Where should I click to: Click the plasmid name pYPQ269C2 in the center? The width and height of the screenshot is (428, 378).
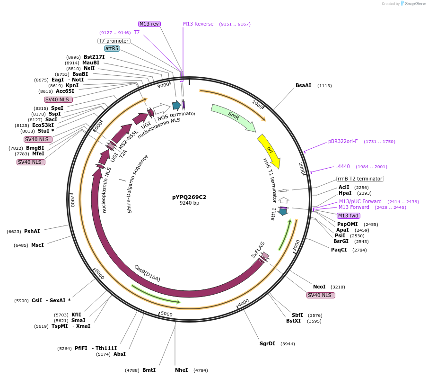pyautogui.click(x=189, y=197)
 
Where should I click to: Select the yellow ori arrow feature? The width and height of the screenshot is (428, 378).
pyautogui.click(x=269, y=150)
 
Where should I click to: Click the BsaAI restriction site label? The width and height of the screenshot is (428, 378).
pyautogui.click(x=304, y=86)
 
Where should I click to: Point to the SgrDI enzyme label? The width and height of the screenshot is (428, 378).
pyautogui.click(x=267, y=343)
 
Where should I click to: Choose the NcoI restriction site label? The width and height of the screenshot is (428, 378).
pyautogui.click(x=319, y=287)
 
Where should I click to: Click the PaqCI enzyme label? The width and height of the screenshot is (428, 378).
pyautogui.click(x=339, y=250)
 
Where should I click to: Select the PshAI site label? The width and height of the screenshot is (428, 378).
pyautogui.click(x=32, y=231)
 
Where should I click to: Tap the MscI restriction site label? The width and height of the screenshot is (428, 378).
pyautogui.click(x=37, y=245)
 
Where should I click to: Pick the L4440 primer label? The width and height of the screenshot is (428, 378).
pyautogui.click(x=342, y=166)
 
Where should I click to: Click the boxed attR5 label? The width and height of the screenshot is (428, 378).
pyautogui.click(x=112, y=48)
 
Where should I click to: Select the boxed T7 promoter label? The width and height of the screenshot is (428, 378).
pyautogui.click(x=114, y=41)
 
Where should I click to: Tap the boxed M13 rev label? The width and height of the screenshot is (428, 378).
pyautogui.click(x=149, y=24)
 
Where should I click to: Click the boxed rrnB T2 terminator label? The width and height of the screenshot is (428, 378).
pyautogui.click(x=359, y=179)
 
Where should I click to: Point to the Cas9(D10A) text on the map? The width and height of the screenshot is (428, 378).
pyautogui.click(x=147, y=273)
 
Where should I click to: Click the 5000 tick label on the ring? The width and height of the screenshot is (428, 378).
pyautogui.click(x=166, y=314)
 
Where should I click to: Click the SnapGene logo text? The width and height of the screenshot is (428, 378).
pyautogui.click(x=413, y=4)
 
